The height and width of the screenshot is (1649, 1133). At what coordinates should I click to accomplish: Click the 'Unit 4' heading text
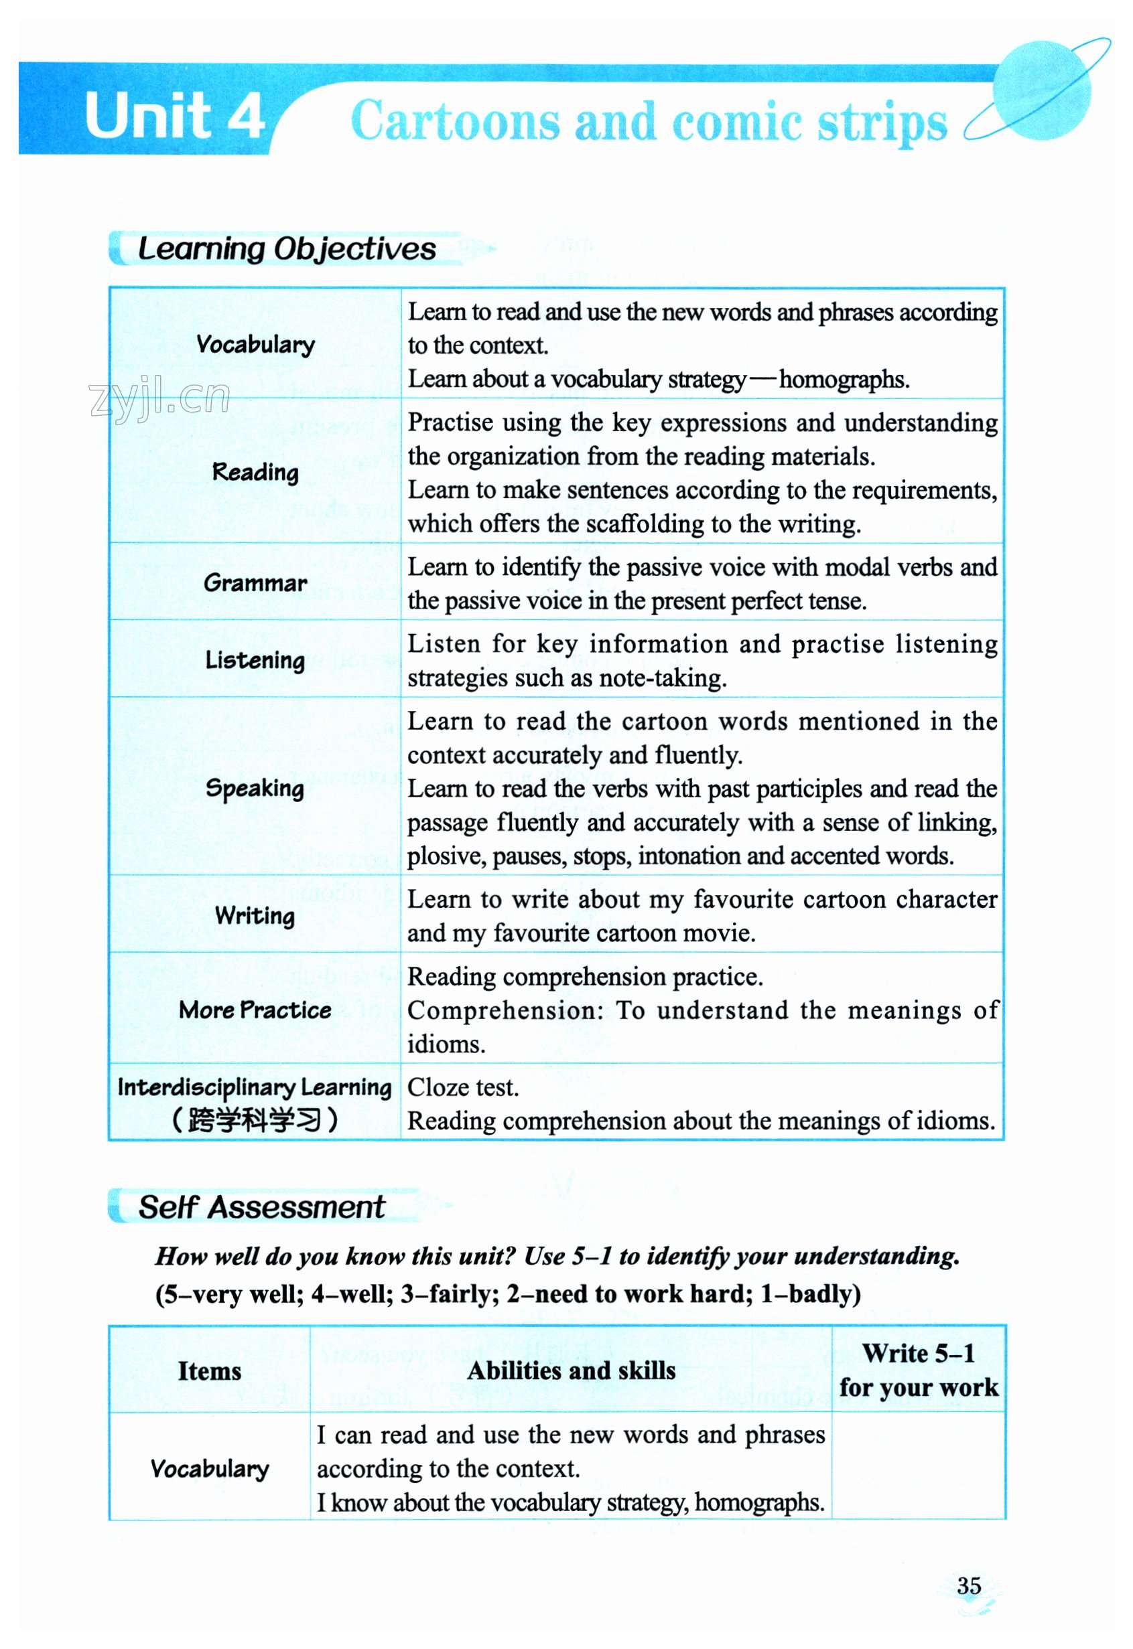tap(175, 116)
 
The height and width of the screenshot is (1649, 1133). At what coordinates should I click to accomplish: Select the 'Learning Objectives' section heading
tap(286, 249)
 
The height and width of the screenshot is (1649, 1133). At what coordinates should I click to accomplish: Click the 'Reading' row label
tap(255, 472)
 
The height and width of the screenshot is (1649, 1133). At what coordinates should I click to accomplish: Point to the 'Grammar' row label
tap(255, 582)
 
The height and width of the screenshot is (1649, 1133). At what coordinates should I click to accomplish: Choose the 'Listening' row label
tap(255, 660)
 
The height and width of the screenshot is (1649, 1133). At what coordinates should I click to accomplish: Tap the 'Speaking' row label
tap(255, 787)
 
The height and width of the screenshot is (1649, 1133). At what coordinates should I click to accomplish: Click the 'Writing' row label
tap(255, 915)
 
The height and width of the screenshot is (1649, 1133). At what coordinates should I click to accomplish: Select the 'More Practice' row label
tap(255, 1010)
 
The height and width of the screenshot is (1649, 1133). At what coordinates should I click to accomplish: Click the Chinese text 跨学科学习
tap(255, 1119)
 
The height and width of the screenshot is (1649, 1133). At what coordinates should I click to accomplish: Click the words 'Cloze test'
tap(462, 1088)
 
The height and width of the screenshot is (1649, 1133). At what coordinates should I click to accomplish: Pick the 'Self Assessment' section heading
tap(261, 1207)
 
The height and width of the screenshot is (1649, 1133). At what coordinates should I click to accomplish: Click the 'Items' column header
tap(210, 1371)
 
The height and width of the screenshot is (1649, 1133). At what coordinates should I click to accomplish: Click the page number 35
tap(969, 1585)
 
